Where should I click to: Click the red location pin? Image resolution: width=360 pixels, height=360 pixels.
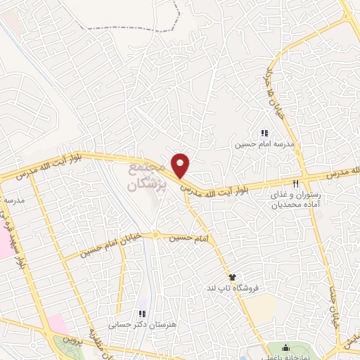pyautogui.click(x=181, y=165)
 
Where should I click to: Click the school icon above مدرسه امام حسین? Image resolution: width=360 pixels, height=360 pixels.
pyautogui.click(x=264, y=132)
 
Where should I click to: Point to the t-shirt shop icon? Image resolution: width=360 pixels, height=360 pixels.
pyautogui.click(x=231, y=277)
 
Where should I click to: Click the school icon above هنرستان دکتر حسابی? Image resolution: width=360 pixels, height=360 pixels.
pyautogui.click(x=141, y=314)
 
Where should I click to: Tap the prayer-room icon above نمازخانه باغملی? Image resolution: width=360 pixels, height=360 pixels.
pyautogui.click(x=285, y=347)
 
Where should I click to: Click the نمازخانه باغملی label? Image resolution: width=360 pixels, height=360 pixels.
pyautogui.click(x=284, y=357)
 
